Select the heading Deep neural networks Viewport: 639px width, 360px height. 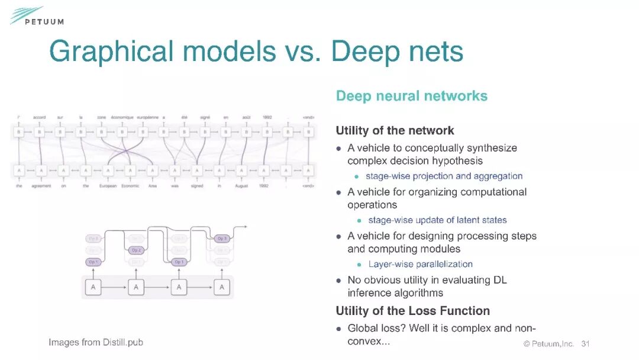pos(411,96)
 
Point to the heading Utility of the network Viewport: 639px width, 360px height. pos(395,130)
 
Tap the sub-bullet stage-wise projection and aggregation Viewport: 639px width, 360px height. pos(444,176)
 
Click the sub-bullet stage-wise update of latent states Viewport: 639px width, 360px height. pos(437,220)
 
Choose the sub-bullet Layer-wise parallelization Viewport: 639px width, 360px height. pos(420,264)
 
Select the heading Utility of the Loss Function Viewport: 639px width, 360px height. pos(412,310)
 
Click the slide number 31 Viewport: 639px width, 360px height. pos(586,343)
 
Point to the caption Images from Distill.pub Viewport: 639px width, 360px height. pos(96,342)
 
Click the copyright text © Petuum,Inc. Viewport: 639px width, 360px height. pos(548,343)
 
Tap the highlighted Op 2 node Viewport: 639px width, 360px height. pos(136,250)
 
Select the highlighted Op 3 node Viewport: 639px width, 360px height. pos(222,239)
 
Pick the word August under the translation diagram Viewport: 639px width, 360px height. pos(241,186)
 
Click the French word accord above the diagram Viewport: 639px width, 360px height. pos(40,117)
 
